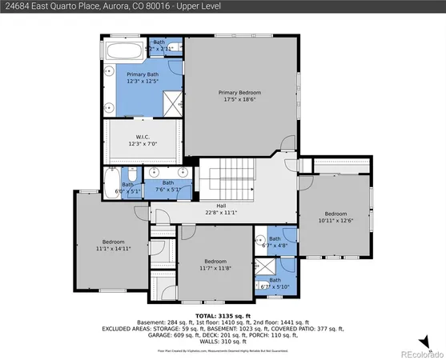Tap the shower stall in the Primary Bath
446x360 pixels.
point(171,102)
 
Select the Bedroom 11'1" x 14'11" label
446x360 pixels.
point(113,246)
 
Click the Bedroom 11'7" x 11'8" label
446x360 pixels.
point(215,265)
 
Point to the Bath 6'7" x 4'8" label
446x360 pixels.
point(275,242)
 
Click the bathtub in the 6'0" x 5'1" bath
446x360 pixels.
point(111,177)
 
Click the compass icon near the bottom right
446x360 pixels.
point(432,339)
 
